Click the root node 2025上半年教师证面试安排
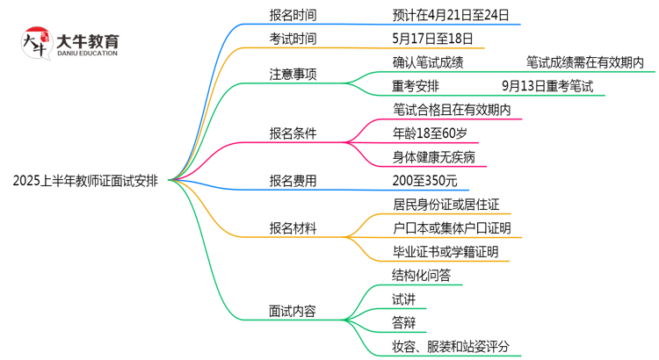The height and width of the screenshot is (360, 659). pos(85,182)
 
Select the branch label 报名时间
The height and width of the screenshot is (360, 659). pos(293,15)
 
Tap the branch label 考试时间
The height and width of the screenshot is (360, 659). pos(293,39)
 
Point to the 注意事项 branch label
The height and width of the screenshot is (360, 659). pos(293,74)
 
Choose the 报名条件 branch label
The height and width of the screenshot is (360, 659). pos(293,133)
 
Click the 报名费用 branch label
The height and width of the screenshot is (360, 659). pos(293,181)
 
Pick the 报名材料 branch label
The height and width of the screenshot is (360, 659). pos(293,228)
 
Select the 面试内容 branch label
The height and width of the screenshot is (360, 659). pos(293,311)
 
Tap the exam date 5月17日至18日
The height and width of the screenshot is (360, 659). pos(433,39)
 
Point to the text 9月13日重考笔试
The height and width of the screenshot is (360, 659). pos(547,86)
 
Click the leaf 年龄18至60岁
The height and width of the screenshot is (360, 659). pos(437,133)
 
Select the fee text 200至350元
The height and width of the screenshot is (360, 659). pos(425,181)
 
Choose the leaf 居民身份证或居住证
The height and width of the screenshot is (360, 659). pos(447,205)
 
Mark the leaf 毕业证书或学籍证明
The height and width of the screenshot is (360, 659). pos(445,252)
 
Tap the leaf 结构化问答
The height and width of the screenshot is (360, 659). pos(422,276)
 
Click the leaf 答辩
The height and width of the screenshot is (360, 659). pos(404,323)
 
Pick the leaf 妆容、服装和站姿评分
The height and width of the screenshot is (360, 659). pos(451,347)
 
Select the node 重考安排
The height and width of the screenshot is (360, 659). pos(416,86)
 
